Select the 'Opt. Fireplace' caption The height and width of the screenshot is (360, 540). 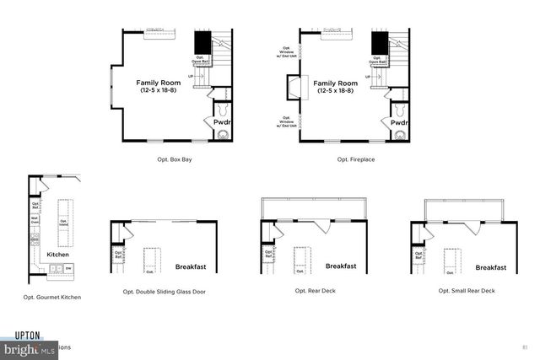(355, 159)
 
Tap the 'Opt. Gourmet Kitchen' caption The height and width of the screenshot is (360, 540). (52, 297)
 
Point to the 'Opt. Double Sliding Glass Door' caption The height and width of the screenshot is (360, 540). (164, 292)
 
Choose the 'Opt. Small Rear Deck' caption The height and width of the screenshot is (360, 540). (467, 291)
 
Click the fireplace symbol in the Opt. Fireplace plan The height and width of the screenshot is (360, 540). (293, 88)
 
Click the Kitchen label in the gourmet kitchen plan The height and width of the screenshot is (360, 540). (57, 254)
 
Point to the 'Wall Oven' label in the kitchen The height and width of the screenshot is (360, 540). (35, 222)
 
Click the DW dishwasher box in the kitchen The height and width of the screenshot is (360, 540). (68, 267)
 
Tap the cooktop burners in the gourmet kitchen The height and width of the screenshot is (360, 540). (35, 239)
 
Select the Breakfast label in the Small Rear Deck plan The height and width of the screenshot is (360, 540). (490, 267)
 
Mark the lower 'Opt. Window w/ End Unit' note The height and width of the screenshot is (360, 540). (286, 122)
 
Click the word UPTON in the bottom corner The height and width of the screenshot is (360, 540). (27, 335)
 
